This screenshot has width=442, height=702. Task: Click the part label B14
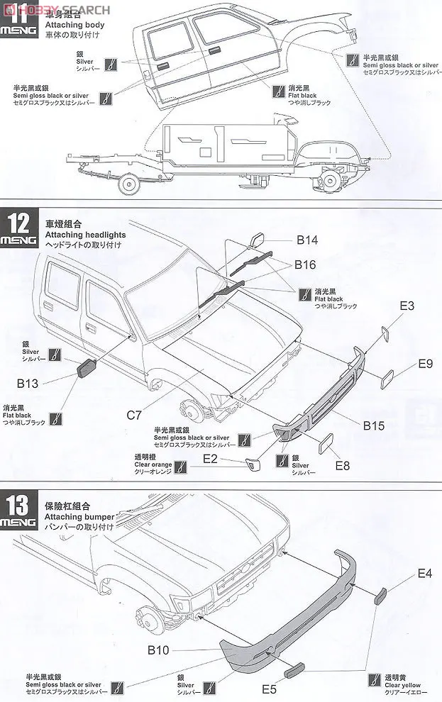[307, 240]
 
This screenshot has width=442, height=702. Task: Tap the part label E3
[407, 306]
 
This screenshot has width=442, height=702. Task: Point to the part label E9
[425, 364]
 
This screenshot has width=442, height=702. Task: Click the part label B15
[374, 426]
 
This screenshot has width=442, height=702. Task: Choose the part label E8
[342, 466]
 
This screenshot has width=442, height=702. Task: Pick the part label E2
[210, 459]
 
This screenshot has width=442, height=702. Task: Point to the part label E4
[425, 573]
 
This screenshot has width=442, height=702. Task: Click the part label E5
[268, 688]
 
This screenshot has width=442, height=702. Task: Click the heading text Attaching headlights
[84, 235]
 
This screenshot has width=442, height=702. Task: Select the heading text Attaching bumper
[78, 518]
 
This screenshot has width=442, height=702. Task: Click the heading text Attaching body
[74, 25]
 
